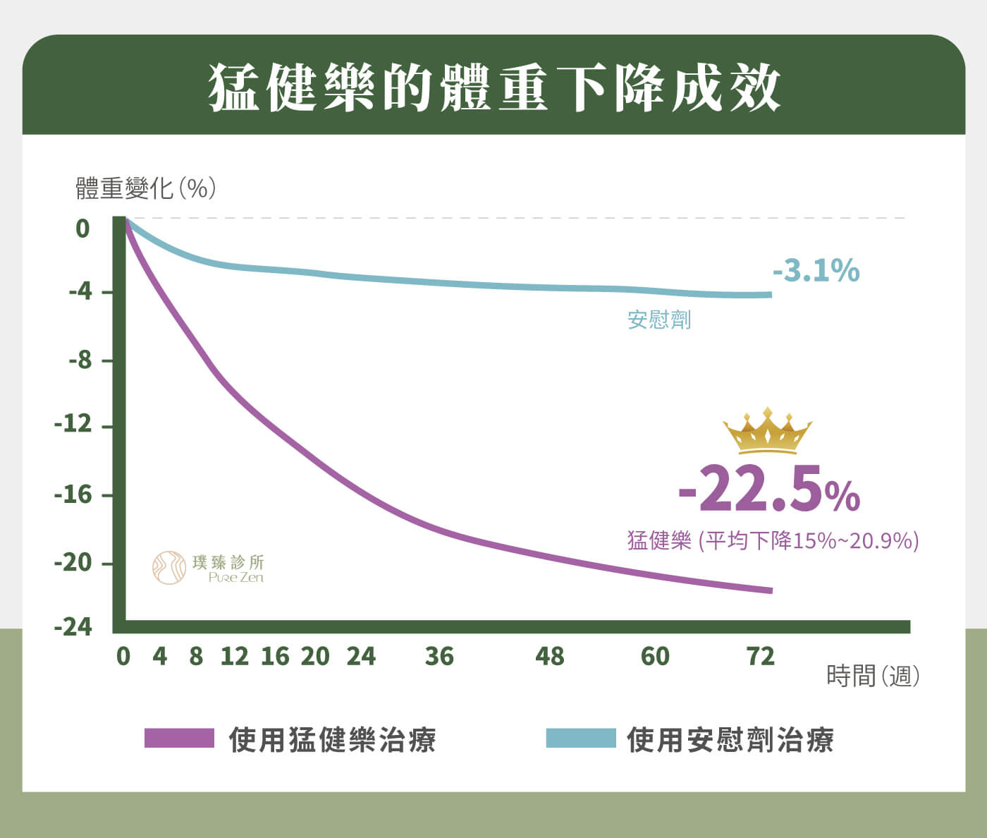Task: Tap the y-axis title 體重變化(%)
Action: coord(145,188)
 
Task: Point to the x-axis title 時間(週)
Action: coord(873,676)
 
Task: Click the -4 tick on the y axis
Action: coord(80,291)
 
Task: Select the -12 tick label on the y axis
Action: coord(73,425)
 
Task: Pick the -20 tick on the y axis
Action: coord(73,563)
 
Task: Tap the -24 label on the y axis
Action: coord(73,626)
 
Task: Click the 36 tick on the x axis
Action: coord(439,657)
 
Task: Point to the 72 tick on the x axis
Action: coord(761,657)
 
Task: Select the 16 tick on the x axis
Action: coord(275,657)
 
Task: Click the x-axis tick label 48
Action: coord(550,657)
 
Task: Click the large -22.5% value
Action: coord(768,490)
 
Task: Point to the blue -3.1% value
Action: coord(816,270)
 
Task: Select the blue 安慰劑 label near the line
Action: coord(659,320)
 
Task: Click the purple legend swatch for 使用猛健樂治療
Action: coord(179,738)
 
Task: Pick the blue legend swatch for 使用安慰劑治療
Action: coord(581,738)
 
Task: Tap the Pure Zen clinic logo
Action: coord(209,568)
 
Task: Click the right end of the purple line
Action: coord(771,590)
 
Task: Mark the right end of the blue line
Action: coord(771,294)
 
